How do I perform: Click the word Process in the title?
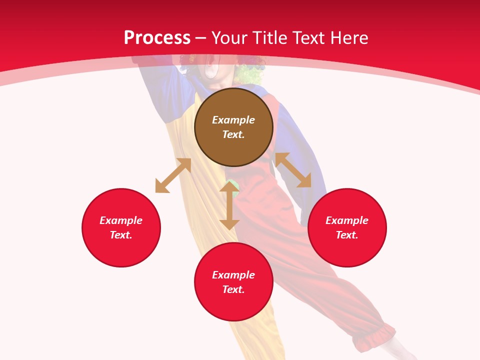click(x=157, y=38)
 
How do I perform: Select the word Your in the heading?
click(x=229, y=38)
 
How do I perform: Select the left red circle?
click(x=121, y=250)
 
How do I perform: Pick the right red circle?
click(x=347, y=250)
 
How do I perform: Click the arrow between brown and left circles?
click(x=173, y=175)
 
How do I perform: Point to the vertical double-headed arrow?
click(x=229, y=205)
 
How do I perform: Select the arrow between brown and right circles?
click(x=293, y=170)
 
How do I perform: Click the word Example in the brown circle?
click(x=233, y=120)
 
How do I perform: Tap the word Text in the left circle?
click(x=121, y=235)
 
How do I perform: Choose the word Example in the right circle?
click(x=347, y=220)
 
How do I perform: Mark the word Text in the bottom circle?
click(x=233, y=289)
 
